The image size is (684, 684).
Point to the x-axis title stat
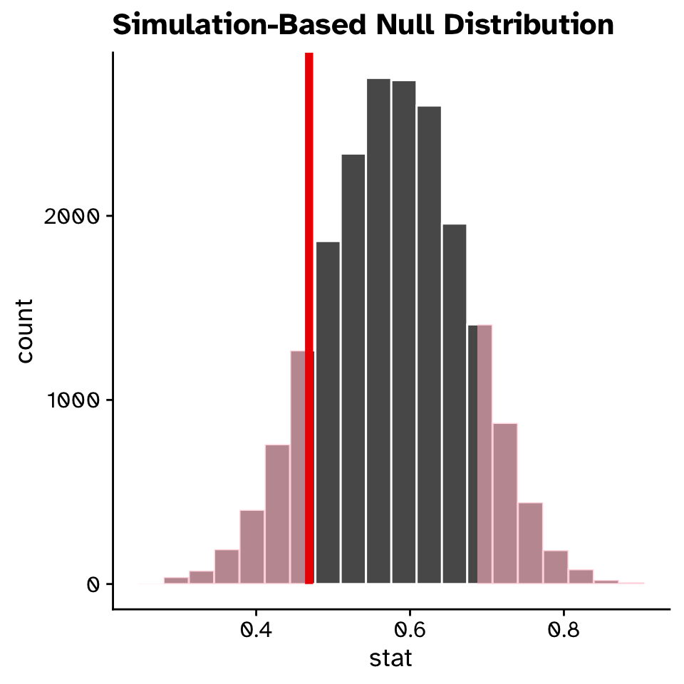pos(390,658)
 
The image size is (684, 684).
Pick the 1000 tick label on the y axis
pos(70,400)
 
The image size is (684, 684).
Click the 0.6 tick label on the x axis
pos(410,630)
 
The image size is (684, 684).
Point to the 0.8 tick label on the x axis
pos(564,630)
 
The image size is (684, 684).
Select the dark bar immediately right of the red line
pos(328,413)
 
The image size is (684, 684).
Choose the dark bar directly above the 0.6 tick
pos(404,335)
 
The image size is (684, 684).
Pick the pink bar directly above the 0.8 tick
pos(556,567)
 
